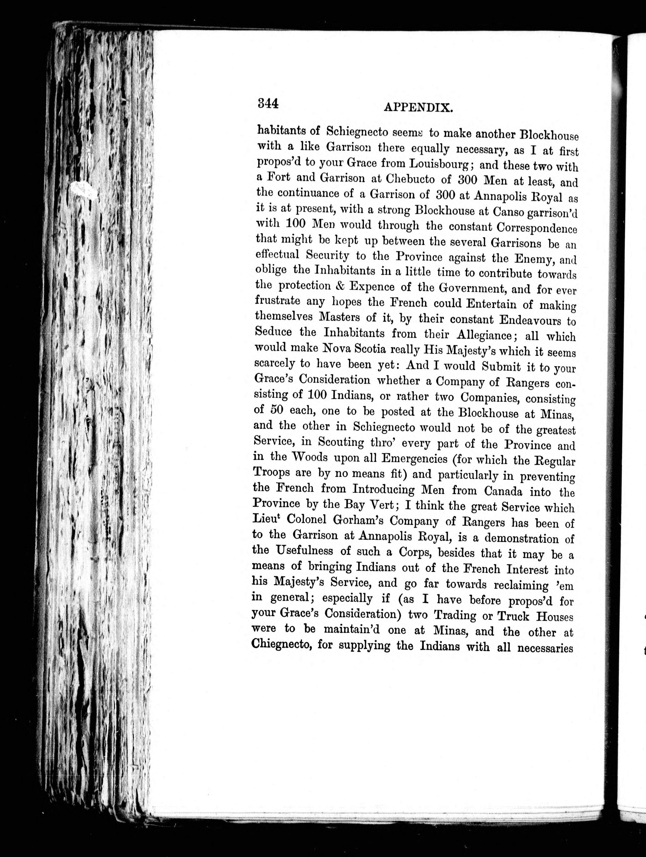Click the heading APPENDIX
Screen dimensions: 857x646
[418, 108]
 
